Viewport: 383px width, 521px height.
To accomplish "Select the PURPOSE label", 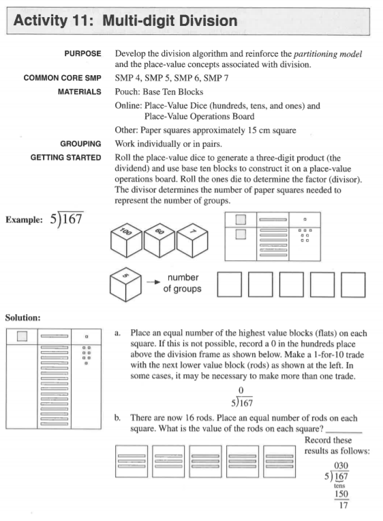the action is (x=83, y=53).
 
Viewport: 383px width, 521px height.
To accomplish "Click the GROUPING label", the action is (x=81, y=144).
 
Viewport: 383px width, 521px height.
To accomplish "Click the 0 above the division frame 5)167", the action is (x=240, y=390).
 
